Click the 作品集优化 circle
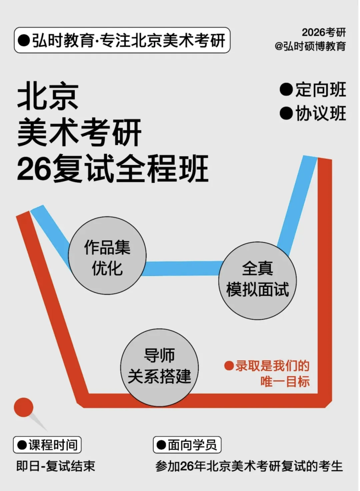pyautogui.click(x=107, y=256)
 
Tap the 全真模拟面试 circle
pyautogui.click(x=257, y=280)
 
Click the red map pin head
pyautogui.click(x=24, y=407)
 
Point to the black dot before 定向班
pyautogui.click(x=286, y=90)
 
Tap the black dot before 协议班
pyautogui.click(x=286, y=113)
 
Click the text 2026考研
pyautogui.click(x=324, y=32)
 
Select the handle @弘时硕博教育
pyautogui.click(x=310, y=46)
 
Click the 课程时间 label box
pyautogui.click(x=47, y=445)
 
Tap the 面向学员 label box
pyautogui.click(x=187, y=445)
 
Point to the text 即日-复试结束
pyautogui.click(x=56, y=466)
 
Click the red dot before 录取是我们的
pyautogui.click(x=229, y=366)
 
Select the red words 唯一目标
pyautogui.click(x=285, y=381)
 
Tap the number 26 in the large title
pyautogui.click(x=34, y=169)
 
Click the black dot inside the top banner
pyautogui.click(x=24, y=40)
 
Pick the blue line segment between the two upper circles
pyautogui.click(x=183, y=268)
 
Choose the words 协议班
pyautogui.click(x=321, y=113)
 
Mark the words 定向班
pyautogui.click(x=321, y=90)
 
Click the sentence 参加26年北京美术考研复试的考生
pyautogui.click(x=249, y=466)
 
